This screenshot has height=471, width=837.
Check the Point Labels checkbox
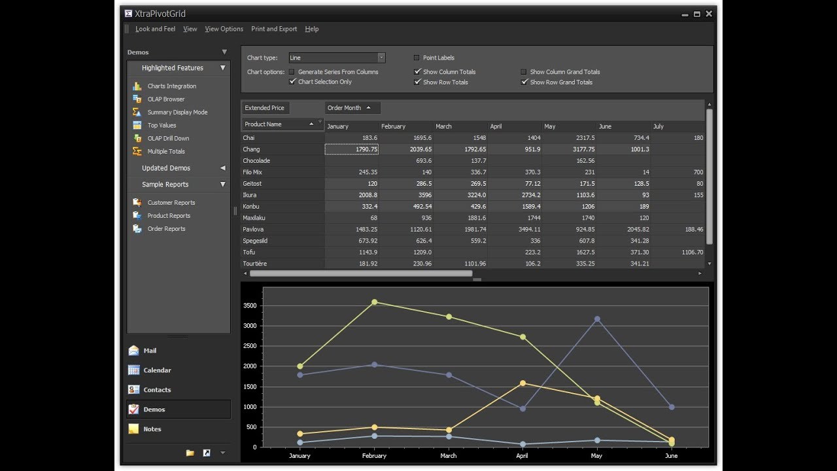[417, 58]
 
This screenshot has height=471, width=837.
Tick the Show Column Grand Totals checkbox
[523, 72]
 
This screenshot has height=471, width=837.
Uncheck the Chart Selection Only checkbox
[292, 82]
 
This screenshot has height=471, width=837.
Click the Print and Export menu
[274, 29]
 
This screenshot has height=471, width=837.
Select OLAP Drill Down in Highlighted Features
[168, 139]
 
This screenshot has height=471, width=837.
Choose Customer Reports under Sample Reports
[171, 203]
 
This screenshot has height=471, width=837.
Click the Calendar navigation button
[157, 370]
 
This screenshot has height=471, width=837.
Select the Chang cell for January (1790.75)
[352, 149]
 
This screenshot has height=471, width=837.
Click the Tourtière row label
[255, 264]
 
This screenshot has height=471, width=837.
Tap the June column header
[605, 126]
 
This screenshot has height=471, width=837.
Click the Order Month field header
[345, 108]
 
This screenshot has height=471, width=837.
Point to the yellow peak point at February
[374, 302]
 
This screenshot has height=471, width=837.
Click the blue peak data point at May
[596, 319]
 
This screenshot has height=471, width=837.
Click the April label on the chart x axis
[522, 456]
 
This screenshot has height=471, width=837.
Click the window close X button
[709, 14]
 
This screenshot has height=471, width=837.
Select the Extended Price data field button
[265, 108]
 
